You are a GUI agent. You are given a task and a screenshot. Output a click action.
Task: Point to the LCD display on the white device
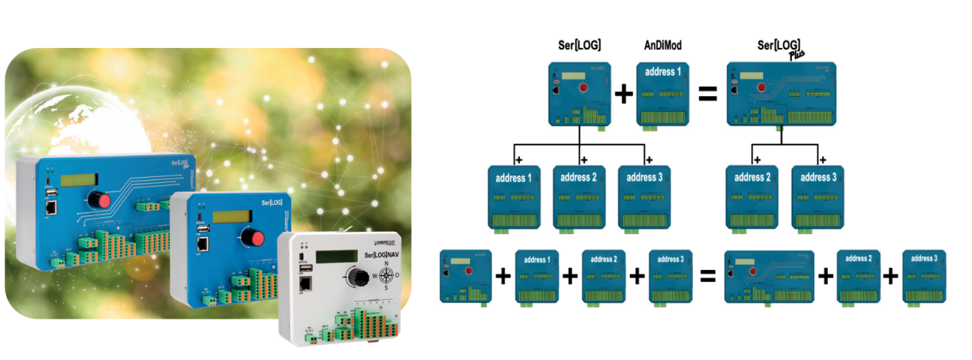337,256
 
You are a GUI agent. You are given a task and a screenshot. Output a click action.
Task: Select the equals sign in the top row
708,94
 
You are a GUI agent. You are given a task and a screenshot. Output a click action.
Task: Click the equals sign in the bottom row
706,275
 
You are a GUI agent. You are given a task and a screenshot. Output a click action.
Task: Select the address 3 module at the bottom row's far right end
923,276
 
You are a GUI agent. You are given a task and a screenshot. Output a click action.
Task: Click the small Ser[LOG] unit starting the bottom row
465,275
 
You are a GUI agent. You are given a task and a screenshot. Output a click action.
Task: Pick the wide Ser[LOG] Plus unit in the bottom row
769,276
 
